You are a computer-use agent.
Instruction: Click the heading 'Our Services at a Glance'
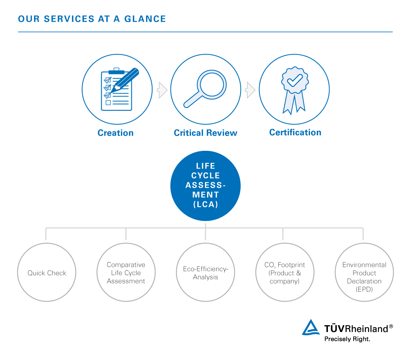(x=92, y=19)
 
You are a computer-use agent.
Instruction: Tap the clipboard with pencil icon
(x=117, y=89)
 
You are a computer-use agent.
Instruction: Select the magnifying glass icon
(x=205, y=89)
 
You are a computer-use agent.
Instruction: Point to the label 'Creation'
(x=115, y=133)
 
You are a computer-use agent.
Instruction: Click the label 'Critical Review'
(x=205, y=133)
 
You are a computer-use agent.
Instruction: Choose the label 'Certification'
(x=295, y=132)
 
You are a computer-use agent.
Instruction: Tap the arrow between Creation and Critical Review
(x=162, y=90)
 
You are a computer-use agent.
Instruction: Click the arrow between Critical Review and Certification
(x=250, y=90)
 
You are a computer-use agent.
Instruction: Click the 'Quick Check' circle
(x=47, y=272)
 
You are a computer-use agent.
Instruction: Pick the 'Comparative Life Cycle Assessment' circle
(x=126, y=272)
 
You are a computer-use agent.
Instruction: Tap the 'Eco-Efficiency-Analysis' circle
(x=205, y=272)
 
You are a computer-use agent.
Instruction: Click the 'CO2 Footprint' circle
(x=285, y=272)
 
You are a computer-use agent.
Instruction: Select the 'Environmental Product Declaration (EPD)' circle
(x=364, y=272)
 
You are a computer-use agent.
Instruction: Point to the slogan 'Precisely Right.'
(x=347, y=339)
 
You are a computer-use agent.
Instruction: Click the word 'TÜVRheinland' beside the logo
(x=356, y=328)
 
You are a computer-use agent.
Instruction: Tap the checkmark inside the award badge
(x=295, y=80)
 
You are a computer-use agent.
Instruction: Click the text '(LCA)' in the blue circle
(x=205, y=204)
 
